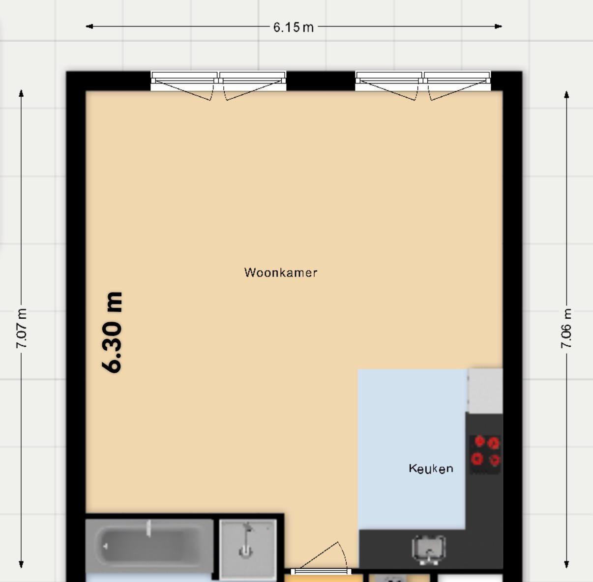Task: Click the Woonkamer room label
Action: pos(281,273)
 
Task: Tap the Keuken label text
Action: pos(431,469)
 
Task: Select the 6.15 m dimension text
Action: pos(294,28)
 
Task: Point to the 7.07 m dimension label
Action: pos(22,329)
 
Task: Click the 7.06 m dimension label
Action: pos(566,329)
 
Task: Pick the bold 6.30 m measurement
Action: pos(112,333)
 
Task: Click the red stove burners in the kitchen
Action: pos(485,451)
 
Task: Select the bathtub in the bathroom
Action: pos(149,546)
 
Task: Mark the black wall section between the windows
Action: pos(321,81)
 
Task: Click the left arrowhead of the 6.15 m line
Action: pos(89,27)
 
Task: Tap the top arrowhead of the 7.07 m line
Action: pos(21,93)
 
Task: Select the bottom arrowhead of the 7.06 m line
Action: pos(566,564)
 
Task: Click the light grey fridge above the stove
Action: pos(485,390)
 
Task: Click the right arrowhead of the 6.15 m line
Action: pos(499,27)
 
